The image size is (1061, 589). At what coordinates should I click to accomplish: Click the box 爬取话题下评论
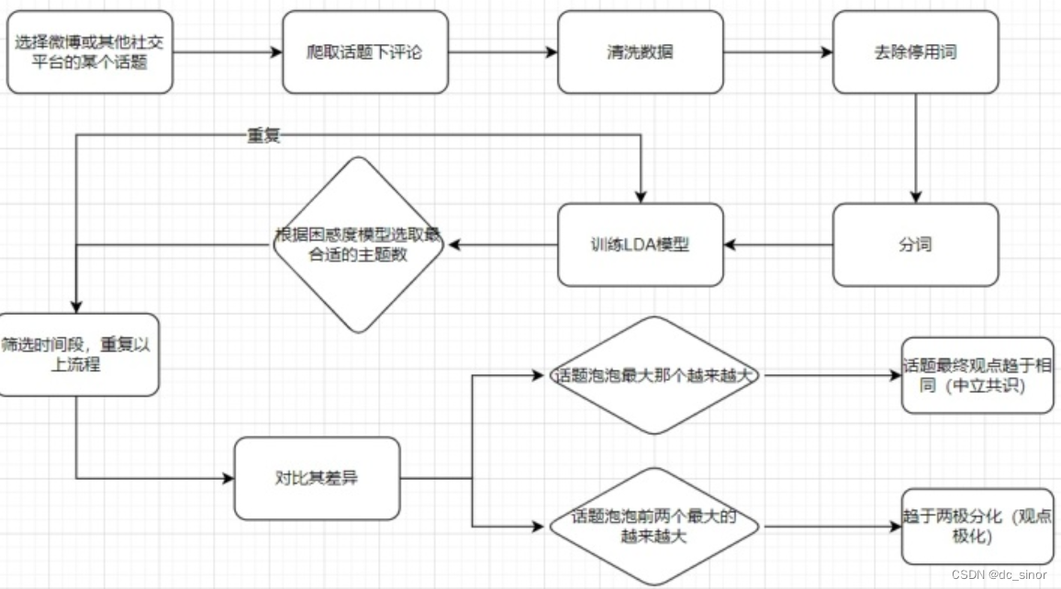[364, 52]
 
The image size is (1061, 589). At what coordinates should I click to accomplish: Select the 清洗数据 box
[640, 52]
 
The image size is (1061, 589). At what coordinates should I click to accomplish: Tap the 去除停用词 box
[915, 52]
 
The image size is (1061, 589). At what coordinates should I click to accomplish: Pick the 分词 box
[915, 245]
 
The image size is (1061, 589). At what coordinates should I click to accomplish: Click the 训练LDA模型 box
[640, 245]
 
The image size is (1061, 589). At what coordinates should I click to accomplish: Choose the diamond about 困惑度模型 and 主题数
[358, 245]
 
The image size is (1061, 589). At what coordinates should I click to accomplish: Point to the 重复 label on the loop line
[263, 137]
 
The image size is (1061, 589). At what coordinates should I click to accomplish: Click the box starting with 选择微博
[89, 52]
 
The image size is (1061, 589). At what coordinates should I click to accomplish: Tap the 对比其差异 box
[317, 478]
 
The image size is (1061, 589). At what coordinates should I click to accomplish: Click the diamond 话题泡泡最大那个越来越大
[654, 375]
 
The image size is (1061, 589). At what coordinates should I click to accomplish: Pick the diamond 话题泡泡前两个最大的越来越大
[654, 527]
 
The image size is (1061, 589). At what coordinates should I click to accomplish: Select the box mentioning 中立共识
[977, 375]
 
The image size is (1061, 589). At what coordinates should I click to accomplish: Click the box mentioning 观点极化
[977, 527]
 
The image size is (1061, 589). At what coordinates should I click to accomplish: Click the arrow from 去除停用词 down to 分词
[915, 148]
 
